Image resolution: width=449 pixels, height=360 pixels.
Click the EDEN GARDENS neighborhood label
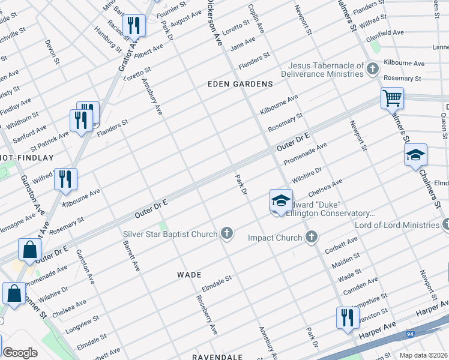coord(240,84)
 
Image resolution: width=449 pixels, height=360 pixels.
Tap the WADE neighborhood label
coord(188,274)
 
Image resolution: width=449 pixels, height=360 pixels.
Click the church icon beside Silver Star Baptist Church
coord(226,233)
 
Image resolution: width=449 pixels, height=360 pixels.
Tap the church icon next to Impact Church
coord(310,238)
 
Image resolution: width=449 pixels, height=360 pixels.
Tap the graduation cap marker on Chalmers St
coord(415,155)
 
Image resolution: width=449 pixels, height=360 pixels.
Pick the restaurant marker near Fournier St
coord(133,25)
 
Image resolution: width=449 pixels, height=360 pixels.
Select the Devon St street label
coord(52,52)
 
